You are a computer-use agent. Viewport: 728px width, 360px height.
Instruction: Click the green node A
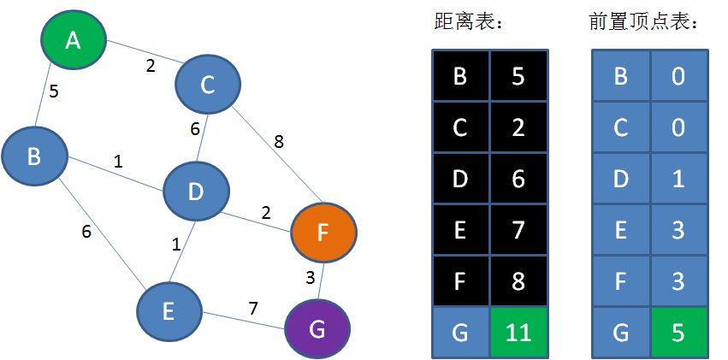pos(74,39)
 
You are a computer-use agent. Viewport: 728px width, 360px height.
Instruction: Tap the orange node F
pos(323,232)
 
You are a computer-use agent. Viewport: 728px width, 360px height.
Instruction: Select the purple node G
pos(317,329)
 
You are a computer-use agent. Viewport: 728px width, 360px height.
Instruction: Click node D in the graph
pos(196,192)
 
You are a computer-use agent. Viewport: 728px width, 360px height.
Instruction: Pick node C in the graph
pos(207,84)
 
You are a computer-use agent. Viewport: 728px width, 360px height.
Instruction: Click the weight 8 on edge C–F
pos(278,142)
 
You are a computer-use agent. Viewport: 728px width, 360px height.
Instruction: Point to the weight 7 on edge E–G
pos(254,307)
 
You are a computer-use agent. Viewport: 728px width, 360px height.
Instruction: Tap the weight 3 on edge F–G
pos(311,276)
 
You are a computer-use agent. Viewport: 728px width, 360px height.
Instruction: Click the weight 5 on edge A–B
pos(54,91)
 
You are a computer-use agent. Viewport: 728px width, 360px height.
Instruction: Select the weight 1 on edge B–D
pos(118,161)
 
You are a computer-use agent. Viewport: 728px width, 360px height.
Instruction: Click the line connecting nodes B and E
pos(101,235)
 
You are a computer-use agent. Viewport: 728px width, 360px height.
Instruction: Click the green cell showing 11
pos(518,332)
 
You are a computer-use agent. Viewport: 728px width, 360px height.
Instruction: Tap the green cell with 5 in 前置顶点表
pos(678,332)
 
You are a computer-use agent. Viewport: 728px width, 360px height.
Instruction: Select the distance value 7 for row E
pos(518,230)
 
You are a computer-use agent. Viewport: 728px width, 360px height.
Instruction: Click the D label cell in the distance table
pos(460,179)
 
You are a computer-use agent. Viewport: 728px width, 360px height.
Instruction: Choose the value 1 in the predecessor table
pos(678,179)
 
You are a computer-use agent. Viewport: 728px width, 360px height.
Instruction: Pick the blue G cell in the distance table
pos(460,332)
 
